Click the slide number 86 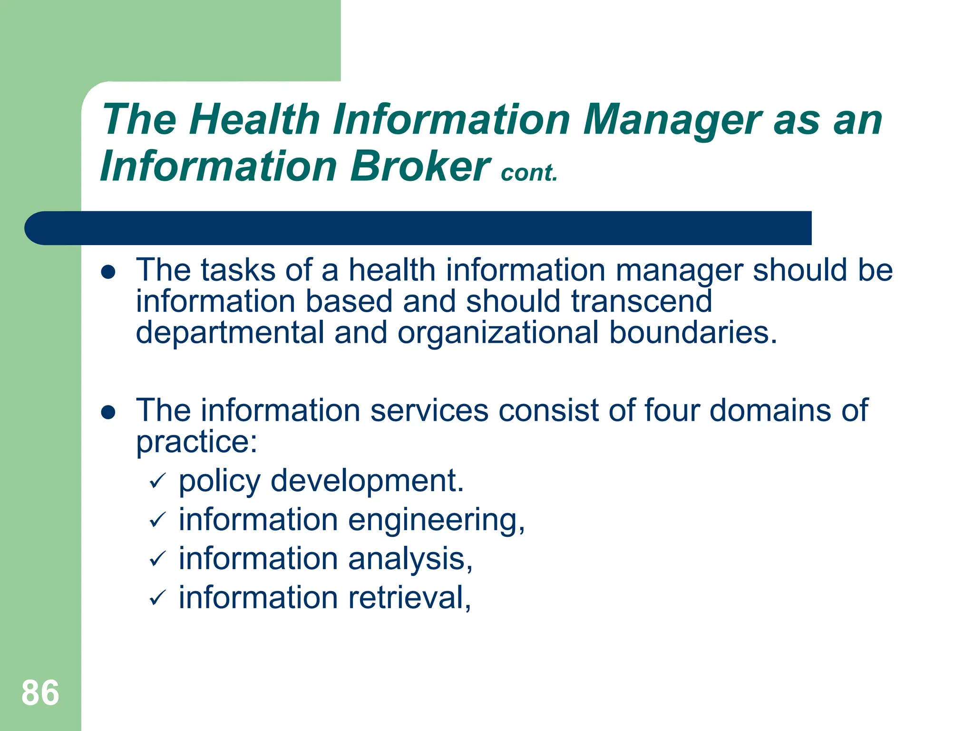point(40,693)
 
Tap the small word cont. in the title point(529,173)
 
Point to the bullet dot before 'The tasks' point(108,272)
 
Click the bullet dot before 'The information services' point(108,412)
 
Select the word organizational point(498,333)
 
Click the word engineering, point(436,521)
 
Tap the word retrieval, point(409,598)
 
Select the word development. point(367,481)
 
